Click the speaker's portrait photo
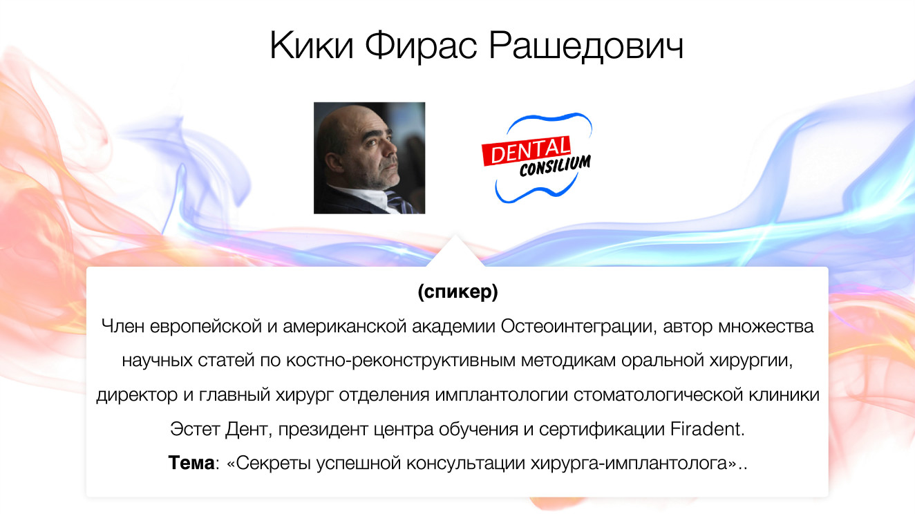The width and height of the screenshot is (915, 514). [369, 158]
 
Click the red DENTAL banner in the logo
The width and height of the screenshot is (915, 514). [527, 150]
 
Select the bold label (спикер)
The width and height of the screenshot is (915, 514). [457, 292]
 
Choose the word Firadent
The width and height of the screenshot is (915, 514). [708, 429]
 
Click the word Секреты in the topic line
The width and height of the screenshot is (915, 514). [275, 463]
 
